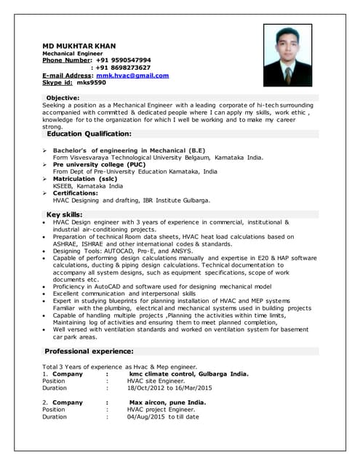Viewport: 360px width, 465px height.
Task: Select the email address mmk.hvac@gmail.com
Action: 132,75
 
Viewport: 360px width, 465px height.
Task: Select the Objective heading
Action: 63,97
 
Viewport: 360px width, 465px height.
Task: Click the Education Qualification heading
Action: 89,134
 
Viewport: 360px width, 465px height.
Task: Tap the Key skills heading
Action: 64,214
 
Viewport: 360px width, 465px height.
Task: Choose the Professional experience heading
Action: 89,351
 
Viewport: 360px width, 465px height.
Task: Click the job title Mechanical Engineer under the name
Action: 73,53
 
